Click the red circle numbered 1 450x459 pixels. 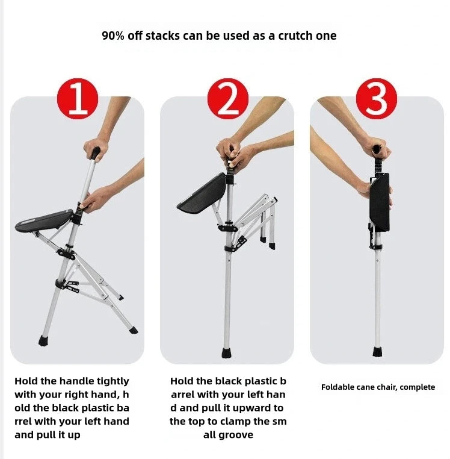(77, 99)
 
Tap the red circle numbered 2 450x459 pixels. (227, 99)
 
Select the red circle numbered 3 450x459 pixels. (377, 99)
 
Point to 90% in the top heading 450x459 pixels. (113, 36)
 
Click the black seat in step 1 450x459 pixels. (43, 221)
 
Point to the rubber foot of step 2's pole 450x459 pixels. (227, 352)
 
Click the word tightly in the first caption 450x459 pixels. (109, 381)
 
